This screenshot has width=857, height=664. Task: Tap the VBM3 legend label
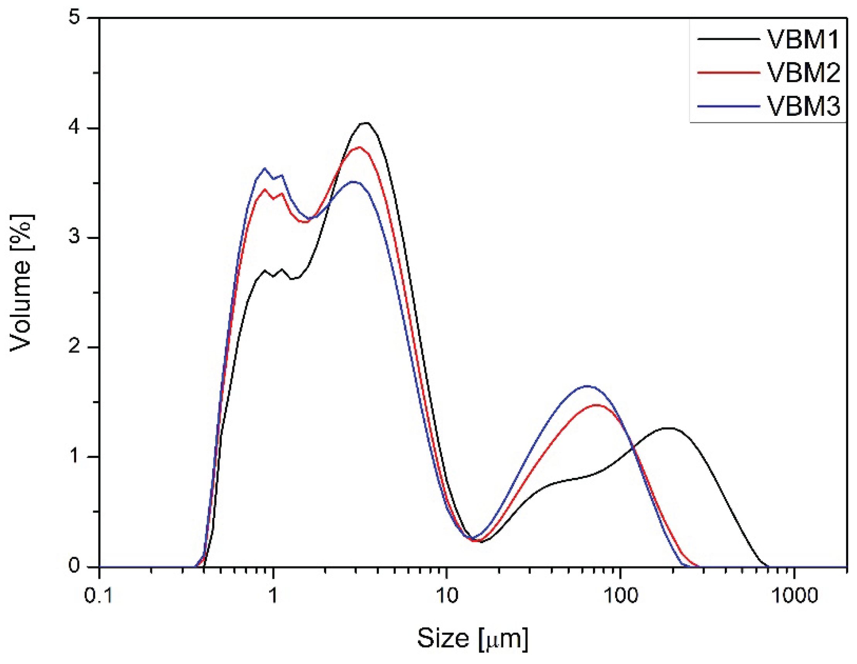(803, 106)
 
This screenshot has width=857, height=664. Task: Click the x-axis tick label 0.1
(99, 596)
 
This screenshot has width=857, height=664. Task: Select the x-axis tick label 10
(446, 596)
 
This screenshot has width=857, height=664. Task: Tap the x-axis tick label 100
(620, 596)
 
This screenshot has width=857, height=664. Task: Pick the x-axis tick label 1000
(794, 596)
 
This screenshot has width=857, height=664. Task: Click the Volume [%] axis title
(22, 283)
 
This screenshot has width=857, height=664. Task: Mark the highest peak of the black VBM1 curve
(366, 123)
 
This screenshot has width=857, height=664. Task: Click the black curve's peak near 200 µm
(669, 428)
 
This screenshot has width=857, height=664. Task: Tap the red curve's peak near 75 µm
(596, 405)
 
